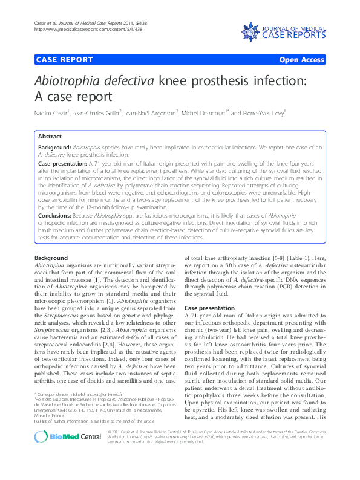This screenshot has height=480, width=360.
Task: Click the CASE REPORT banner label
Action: pyautogui.click(x=65, y=60)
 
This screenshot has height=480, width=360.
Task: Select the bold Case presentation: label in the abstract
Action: pyautogui.click(x=62, y=164)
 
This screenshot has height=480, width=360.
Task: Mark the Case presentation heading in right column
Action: pyautogui.click(x=209, y=308)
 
